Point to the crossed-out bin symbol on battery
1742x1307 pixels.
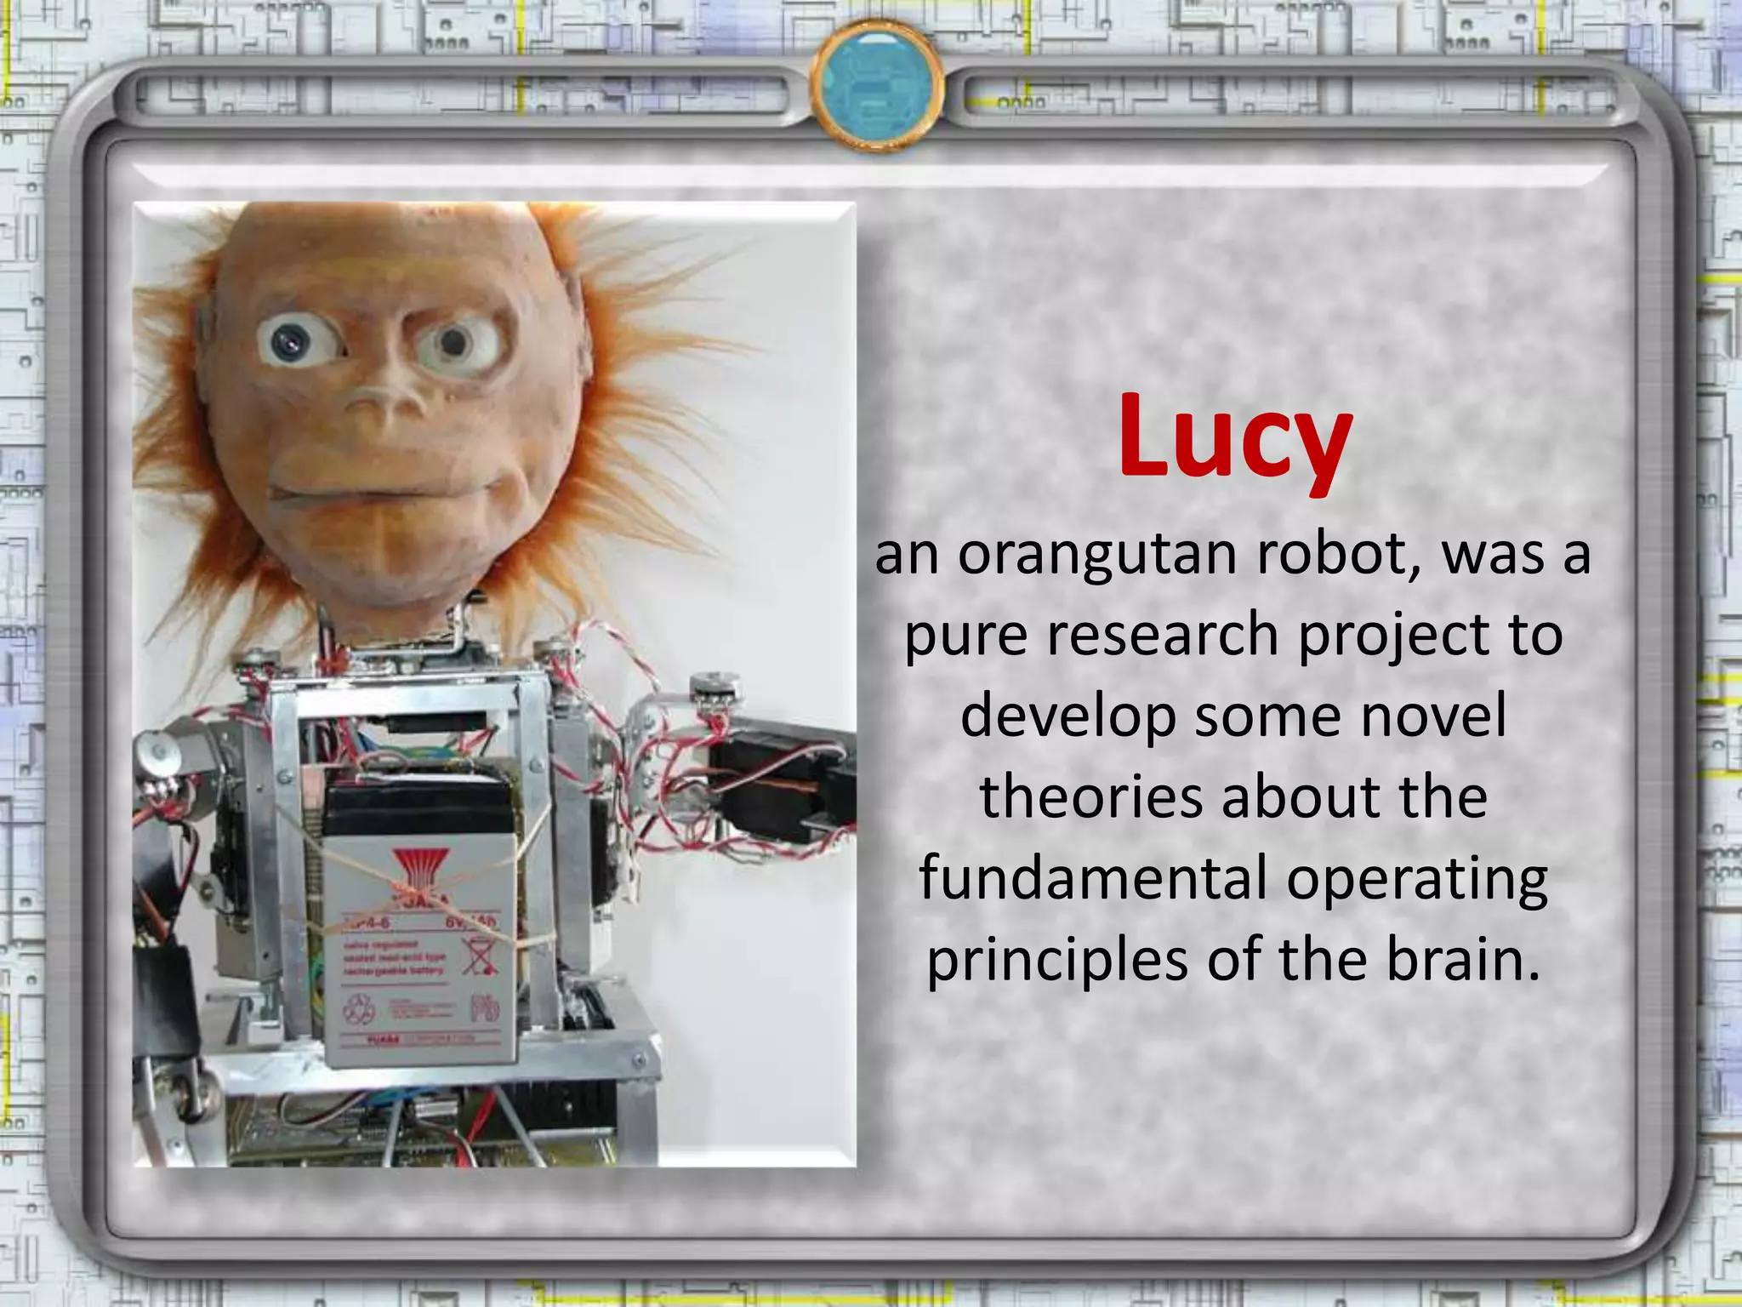click(480, 956)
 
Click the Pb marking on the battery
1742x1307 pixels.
click(484, 1010)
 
